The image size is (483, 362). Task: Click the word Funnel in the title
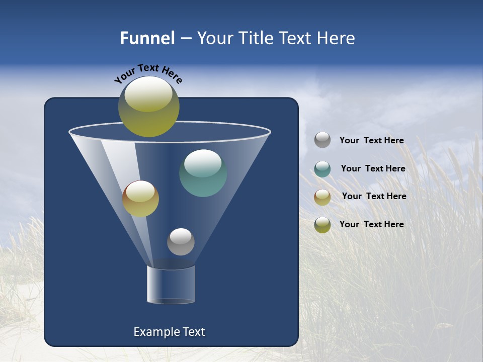pyautogui.click(x=147, y=38)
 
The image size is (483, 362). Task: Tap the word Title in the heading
pyautogui.click(x=255, y=38)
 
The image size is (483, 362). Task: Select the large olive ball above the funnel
pyautogui.click(x=148, y=106)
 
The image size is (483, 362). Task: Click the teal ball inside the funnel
pyautogui.click(x=203, y=173)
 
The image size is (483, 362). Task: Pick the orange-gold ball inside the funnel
pyautogui.click(x=140, y=199)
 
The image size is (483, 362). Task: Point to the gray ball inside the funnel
pyautogui.click(x=181, y=242)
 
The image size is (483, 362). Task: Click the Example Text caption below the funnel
pyautogui.click(x=169, y=332)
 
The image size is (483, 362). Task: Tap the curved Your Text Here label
pyautogui.click(x=148, y=73)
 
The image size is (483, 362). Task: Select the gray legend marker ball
pyautogui.click(x=322, y=140)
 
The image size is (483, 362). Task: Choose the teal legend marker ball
pyautogui.click(x=322, y=169)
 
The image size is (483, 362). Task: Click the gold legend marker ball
pyautogui.click(x=322, y=197)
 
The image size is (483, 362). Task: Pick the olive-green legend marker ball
pyautogui.click(x=322, y=225)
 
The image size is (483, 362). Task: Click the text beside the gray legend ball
pyautogui.click(x=371, y=140)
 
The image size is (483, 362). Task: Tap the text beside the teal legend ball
pyautogui.click(x=373, y=168)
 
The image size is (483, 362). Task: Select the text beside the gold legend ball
pyautogui.click(x=374, y=196)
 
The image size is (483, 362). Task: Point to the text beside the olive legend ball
pyautogui.click(x=371, y=224)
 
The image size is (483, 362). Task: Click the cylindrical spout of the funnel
pyautogui.click(x=171, y=285)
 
